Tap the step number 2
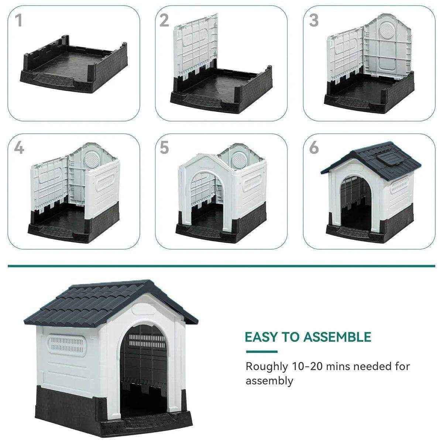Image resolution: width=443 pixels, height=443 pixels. point(164,21)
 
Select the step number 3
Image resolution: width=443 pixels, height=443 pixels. point(313,21)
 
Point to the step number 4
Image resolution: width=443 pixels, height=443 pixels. point(19,148)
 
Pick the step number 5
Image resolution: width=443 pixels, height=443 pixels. point(164,148)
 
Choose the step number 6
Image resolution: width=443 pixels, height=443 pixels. point(314,148)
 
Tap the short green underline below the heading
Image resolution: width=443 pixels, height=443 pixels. point(261,351)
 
